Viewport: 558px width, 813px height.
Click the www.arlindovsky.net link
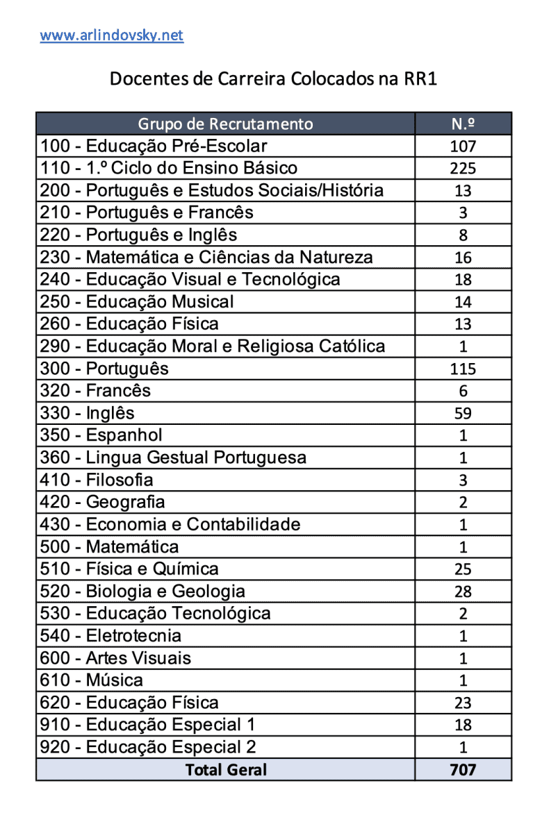(111, 35)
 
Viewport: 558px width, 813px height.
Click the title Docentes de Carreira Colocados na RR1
(273, 78)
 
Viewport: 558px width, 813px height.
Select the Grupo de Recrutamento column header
(225, 124)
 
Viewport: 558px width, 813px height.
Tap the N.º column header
(463, 124)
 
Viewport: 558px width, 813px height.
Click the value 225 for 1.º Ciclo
(463, 169)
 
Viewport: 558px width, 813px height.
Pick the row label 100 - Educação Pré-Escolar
(153, 146)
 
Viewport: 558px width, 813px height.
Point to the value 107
(463, 146)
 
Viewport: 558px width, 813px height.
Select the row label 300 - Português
(104, 368)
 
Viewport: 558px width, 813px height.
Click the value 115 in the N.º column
(463, 369)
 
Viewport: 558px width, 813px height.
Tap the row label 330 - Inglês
(87, 413)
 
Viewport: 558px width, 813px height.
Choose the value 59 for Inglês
(463, 414)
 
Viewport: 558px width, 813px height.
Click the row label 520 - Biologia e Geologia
(142, 592)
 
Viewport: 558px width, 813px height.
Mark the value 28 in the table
(463, 592)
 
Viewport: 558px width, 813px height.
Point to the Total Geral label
(225, 769)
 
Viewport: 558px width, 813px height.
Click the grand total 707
(463, 769)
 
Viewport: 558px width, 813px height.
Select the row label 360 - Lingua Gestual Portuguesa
(173, 458)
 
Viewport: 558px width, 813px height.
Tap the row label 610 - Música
(92, 680)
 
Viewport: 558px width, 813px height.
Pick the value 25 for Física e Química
(463, 569)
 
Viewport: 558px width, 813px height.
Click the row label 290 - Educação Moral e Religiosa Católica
(212, 346)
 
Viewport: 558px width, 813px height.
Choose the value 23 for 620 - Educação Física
(463, 703)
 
